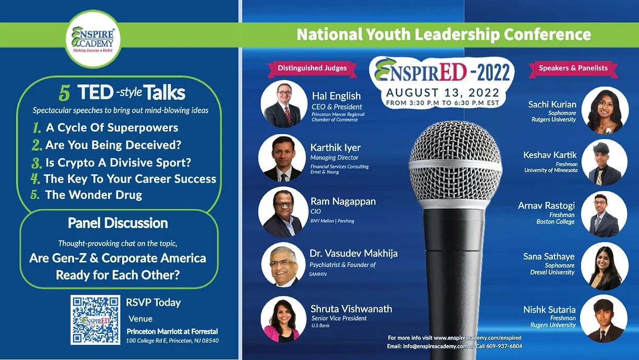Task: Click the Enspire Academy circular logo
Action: coord(93,39)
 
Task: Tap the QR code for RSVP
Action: coord(96,320)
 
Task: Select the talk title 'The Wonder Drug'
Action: coord(93,195)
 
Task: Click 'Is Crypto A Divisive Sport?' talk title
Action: coord(118,162)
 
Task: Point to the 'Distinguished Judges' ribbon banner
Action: coord(312,68)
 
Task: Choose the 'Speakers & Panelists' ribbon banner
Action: coord(573,68)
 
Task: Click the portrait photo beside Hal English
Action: coord(284,104)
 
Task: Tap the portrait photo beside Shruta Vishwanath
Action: coord(283,319)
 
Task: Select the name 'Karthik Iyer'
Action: coord(335,148)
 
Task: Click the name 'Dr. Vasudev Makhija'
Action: coord(353,253)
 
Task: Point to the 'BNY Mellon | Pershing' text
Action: coord(333,221)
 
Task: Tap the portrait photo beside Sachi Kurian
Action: coord(605,110)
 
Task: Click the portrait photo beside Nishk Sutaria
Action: coord(604,319)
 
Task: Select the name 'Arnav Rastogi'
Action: coord(546,206)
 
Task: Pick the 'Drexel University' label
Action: coord(552,272)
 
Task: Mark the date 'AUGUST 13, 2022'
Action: coord(443,93)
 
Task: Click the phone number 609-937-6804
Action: coord(504,346)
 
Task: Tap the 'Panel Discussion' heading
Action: coord(118,223)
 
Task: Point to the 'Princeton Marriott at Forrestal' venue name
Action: coord(172,331)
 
